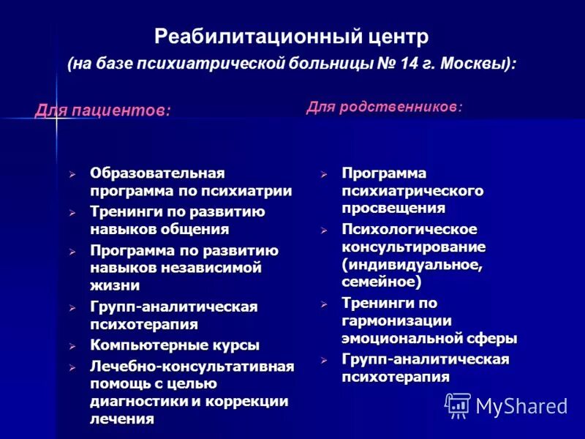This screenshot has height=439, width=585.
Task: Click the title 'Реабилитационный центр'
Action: tap(291, 36)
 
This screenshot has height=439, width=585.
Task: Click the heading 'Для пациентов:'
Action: tap(103, 110)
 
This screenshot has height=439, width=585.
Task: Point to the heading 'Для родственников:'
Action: tap(384, 107)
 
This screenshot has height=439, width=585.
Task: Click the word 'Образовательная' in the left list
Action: tap(157, 173)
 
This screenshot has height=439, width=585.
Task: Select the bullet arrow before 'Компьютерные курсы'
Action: tap(72, 345)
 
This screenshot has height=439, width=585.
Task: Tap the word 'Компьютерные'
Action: tap(141, 345)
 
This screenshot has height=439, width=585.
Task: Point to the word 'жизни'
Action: tap(115, 285)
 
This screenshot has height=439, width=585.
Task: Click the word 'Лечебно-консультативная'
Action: tap(192, 365)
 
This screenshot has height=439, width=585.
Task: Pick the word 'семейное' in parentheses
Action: tap(380, 281)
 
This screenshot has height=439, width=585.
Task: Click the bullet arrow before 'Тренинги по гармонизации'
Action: tap(324, 304)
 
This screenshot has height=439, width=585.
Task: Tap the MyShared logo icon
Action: tap(457, 405)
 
